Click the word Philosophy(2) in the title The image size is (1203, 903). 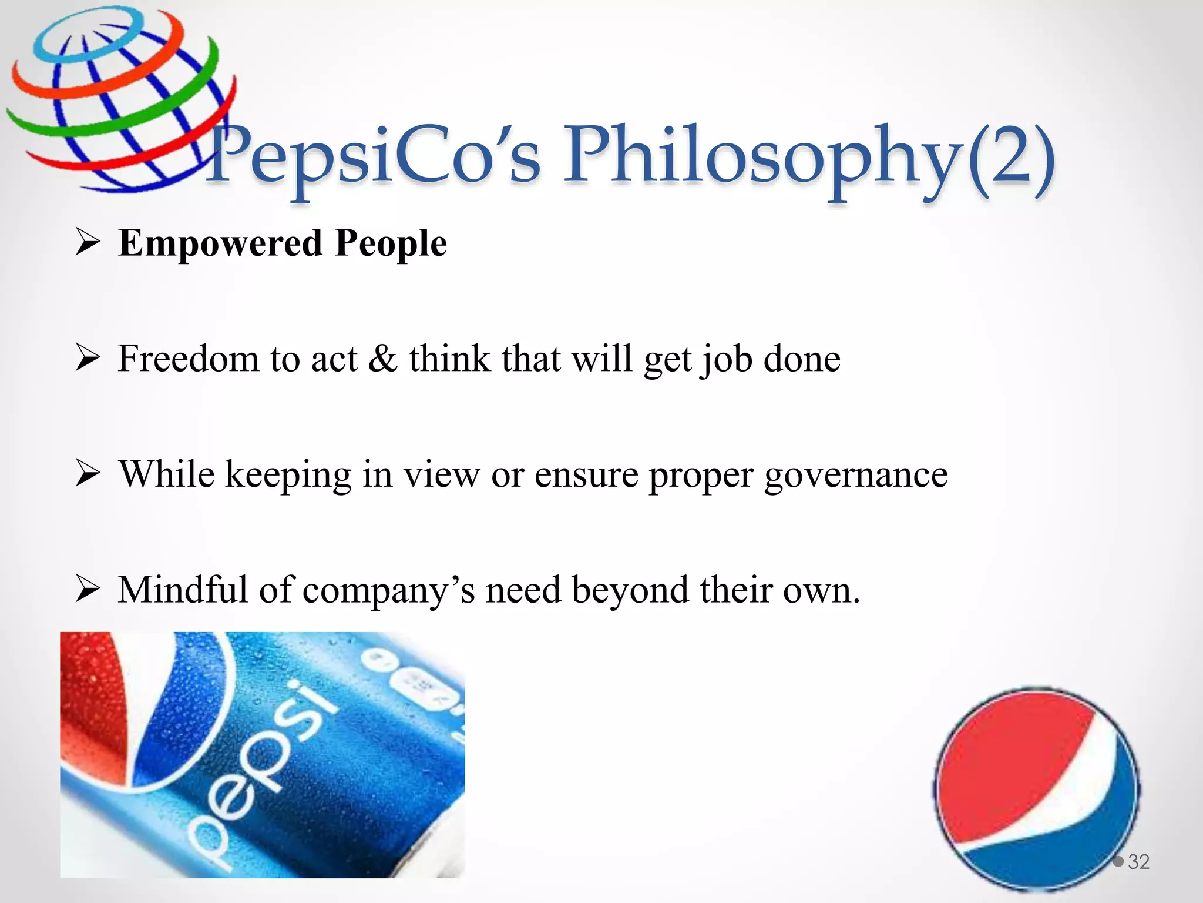808,158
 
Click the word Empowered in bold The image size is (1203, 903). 220,243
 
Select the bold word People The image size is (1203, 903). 391,243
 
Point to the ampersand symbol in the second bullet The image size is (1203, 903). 383,359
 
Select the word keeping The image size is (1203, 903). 288,475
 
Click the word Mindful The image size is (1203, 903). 183,590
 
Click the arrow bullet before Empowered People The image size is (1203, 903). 88,243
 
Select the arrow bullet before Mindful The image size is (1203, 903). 88,590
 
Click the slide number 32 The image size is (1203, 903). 1138,862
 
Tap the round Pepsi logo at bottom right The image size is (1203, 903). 1037,788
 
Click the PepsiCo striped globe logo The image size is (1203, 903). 117,100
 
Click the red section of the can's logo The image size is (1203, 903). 94,705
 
